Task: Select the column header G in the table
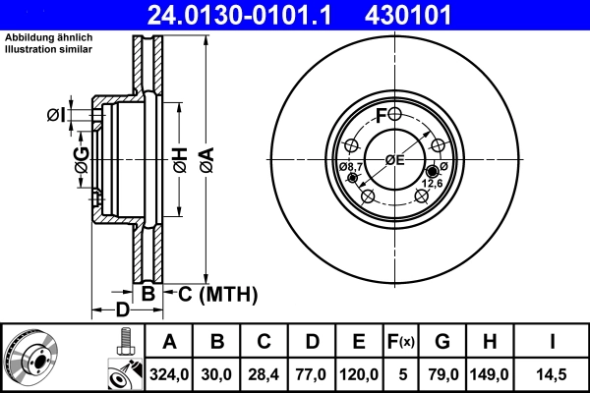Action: (442, 343)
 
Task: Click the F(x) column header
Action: (401, 343)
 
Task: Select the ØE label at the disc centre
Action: (394, 161)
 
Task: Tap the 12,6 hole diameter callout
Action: (432, 183)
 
